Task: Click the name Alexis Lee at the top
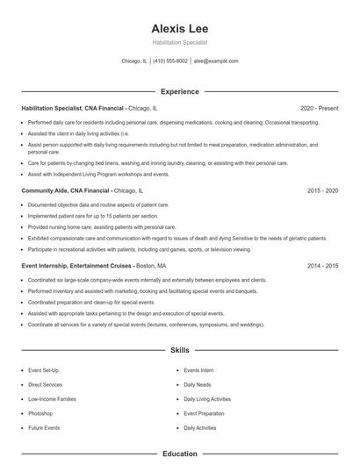[179, 28]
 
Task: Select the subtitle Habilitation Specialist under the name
[179, 42]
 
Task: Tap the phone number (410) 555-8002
[170, 61]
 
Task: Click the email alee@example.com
[216, 61]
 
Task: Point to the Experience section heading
[179, 91]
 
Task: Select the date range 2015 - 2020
[323, 190]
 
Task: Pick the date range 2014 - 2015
[323, 265]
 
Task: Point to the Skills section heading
[179, 350]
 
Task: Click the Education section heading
[179, 454]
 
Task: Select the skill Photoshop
[40, 413]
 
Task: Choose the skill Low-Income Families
[51, 399]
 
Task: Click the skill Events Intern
[198, 371]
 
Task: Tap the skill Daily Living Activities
[207, 399]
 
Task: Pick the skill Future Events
[44, 427]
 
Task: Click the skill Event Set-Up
[43, 371]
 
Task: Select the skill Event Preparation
[205, 413]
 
